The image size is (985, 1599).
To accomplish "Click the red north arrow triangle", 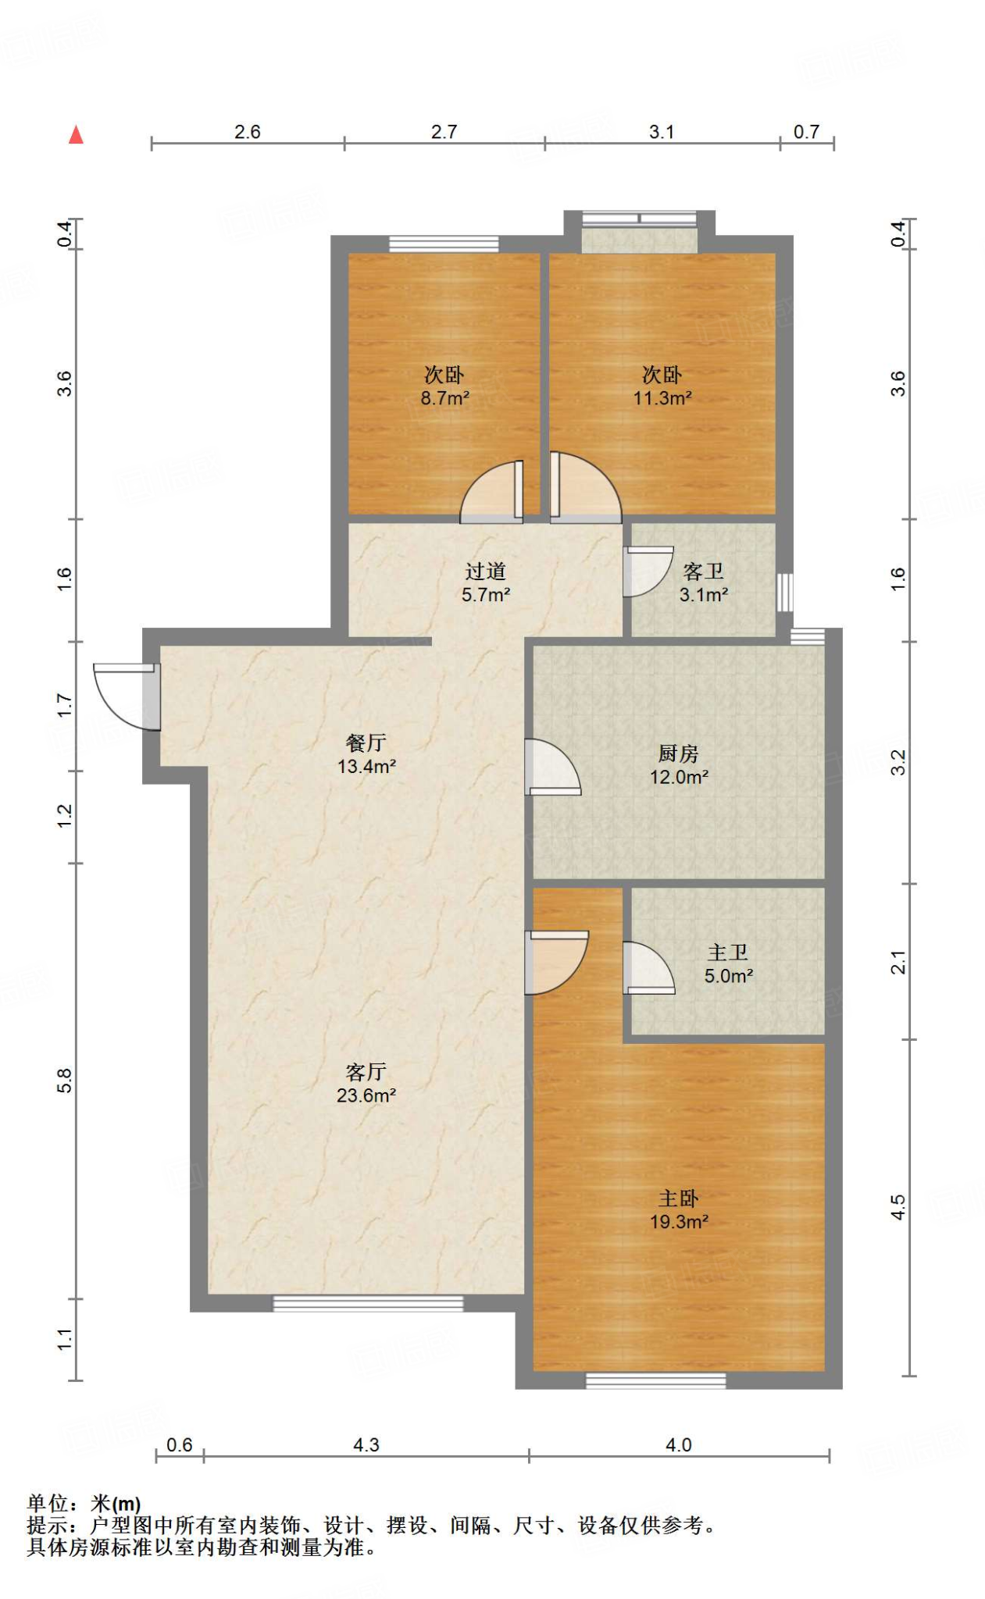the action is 76,135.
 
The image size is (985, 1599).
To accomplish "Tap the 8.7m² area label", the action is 445,398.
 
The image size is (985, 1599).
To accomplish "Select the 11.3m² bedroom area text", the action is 662,398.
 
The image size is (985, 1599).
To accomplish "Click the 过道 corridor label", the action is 486,572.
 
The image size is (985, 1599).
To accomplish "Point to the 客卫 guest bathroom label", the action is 704,572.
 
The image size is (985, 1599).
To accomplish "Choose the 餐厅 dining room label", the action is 366,743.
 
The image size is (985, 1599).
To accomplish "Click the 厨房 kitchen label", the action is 679,753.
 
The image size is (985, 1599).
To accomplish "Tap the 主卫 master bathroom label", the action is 728,953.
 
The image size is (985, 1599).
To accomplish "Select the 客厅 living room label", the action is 366,1072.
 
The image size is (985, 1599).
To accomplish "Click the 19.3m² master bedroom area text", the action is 680,1222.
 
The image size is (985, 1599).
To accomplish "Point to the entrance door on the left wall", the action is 127,696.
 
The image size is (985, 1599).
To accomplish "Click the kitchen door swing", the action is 553,767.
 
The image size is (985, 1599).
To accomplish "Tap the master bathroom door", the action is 649,968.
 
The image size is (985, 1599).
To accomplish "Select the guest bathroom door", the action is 648,572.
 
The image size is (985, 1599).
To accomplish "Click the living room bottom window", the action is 368,1303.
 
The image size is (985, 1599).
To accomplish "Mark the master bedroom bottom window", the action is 656,1380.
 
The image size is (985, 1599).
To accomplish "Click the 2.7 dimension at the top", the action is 444,132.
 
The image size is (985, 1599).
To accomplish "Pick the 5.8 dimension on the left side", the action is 64,1081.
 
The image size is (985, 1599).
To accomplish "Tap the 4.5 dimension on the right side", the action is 898,1207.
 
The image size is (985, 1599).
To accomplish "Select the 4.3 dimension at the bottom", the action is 366,1445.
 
